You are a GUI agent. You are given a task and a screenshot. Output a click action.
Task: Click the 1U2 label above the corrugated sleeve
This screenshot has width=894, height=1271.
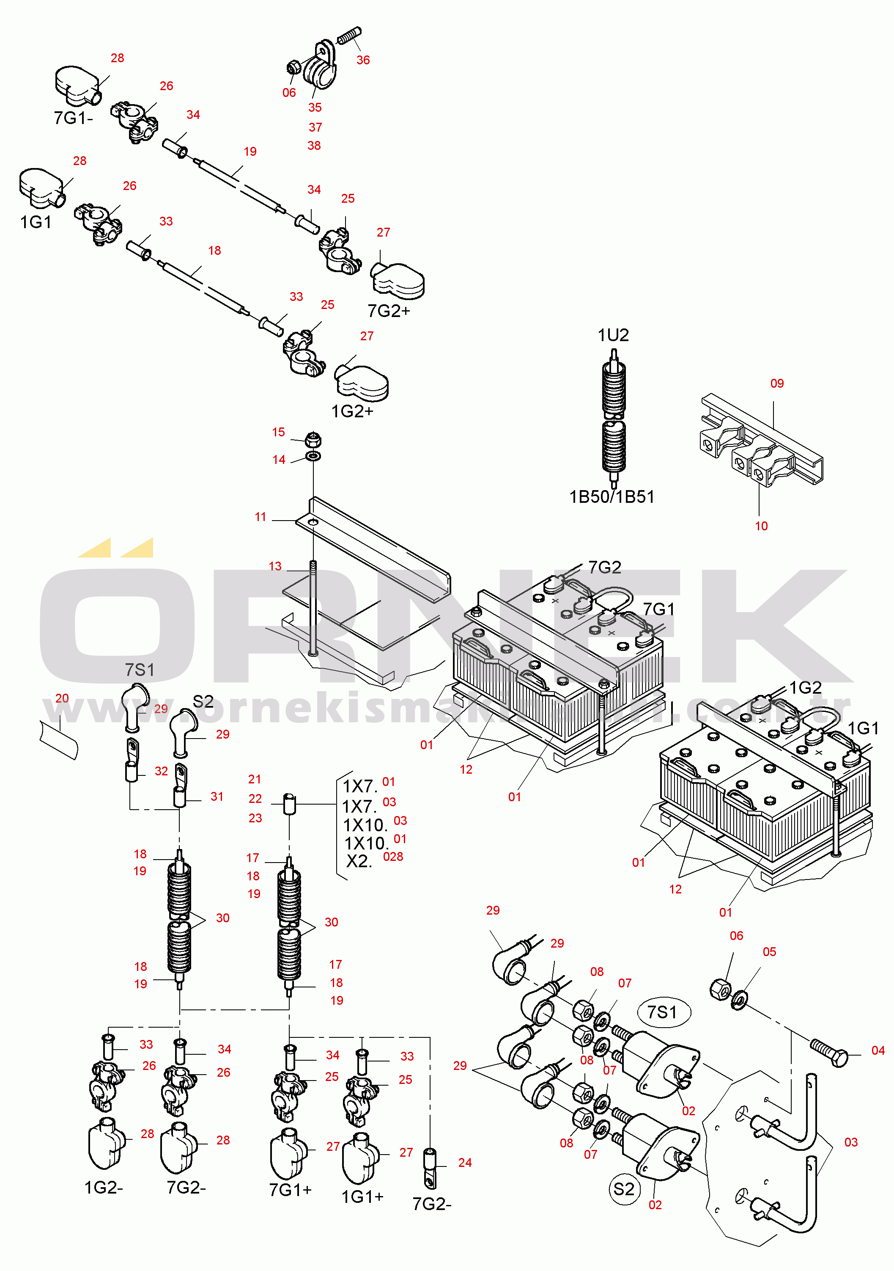click(613, 335)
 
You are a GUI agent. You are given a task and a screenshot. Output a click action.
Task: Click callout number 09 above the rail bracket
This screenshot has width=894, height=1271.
click(777, 383)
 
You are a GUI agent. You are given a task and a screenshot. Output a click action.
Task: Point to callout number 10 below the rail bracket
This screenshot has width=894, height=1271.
click(761, 527)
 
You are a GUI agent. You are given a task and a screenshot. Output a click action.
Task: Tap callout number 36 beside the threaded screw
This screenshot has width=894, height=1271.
click(363, 60)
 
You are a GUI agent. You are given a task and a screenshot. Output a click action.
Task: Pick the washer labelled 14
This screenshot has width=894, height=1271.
click(313, 457)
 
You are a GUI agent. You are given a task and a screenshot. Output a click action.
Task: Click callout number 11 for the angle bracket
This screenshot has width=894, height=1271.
click(261, 517)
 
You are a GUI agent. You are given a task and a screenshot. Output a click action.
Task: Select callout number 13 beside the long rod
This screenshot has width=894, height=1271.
click(275, 566)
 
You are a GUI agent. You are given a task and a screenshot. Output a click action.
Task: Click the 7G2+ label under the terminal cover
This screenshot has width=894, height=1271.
click(389, 311)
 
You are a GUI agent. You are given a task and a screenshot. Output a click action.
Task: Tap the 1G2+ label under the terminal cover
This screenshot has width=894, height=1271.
click(352, 411)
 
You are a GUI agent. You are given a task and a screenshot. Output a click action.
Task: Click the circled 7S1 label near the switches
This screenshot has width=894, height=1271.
click(662, 1012)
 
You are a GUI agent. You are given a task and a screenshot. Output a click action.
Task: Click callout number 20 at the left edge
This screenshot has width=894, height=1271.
click(62, 698)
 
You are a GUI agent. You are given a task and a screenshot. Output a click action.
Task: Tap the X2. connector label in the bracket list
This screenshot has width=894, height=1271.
click(359, 861)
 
